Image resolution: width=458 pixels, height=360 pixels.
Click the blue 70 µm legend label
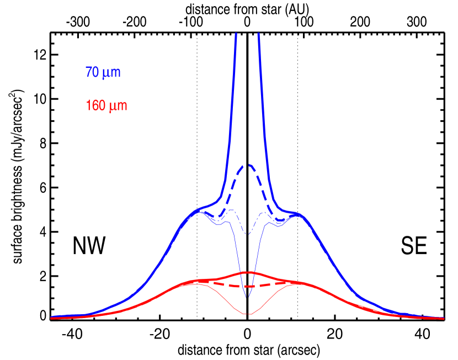pos(103,72)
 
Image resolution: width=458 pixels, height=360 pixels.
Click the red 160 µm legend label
pos(106,105)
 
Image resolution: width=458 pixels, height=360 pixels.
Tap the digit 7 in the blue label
pos(88,72)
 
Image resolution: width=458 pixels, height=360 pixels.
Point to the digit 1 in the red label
pos(88,105)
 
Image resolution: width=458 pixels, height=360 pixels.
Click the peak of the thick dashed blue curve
pos(248,165)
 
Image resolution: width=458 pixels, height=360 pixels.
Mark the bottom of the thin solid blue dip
pos(248,298)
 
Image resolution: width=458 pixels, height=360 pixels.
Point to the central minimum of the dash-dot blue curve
pos(248,234)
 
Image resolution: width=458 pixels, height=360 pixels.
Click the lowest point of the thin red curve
pos(248,314)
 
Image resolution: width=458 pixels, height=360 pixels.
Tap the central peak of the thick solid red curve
pos(248,272)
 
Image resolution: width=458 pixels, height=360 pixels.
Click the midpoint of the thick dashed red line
pos(248,286)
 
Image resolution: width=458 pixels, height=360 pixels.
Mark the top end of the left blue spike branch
pos(236,34)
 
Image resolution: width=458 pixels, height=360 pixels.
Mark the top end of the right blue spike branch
pos(259,34)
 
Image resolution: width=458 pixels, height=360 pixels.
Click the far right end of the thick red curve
pos(444,318)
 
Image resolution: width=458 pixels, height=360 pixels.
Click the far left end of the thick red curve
pos(51,318)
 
